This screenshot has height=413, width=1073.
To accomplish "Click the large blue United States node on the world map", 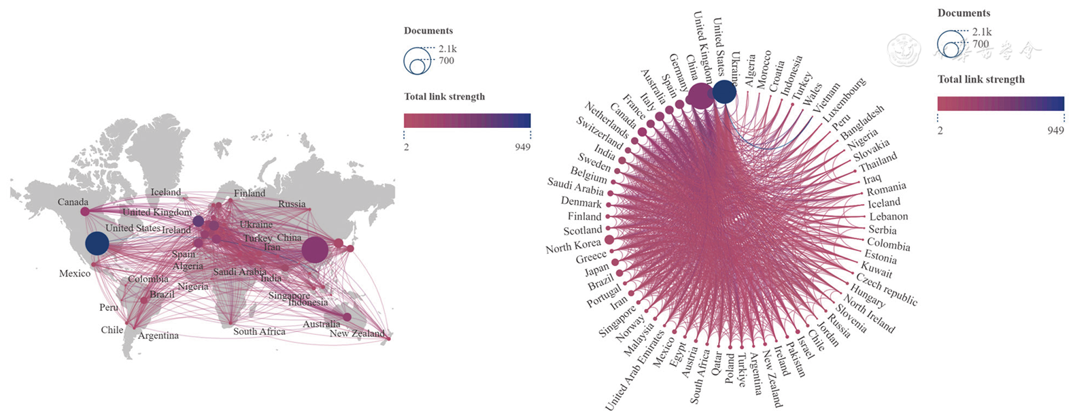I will pyautogui.click(x=97, y=244).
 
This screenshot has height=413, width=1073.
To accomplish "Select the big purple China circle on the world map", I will pyautogui.click(x=314, y=250).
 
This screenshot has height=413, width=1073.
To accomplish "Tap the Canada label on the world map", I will pyautogui.click(x=73, y=202).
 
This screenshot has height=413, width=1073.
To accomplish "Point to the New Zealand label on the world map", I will pyautogui.click(x=357, y=333).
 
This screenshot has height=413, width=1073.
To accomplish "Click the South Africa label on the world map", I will pyautogui.click(x=259, y=331).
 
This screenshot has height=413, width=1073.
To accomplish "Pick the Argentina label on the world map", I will pyautogui.click(x=158, y=335).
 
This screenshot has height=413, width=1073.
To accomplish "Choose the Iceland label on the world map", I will pyautogui.click(x=166, y=192).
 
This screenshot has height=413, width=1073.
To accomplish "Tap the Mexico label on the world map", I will pyautogui.click(x=75, y=274).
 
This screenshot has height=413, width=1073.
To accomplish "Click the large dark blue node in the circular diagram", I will pyautogui.click(x=724, y=93).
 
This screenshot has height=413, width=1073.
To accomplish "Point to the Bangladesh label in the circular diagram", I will pyautogui.click(x=862, y=122).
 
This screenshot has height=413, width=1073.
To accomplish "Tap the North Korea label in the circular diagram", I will pyautogui.click(x=573, y=246).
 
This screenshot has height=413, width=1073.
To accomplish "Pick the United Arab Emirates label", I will pyautogui.click(x=634, y=371).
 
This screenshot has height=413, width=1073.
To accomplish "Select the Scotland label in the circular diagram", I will pyautogui.click(x=583, y=231).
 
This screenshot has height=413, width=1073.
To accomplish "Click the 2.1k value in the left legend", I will pyautogui.click(x=447, y=49).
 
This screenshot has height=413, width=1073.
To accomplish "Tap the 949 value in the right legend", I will pyautogui.click(x=1055, y=130).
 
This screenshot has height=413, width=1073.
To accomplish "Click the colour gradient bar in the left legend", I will pyautogui.click(x=467, y=120).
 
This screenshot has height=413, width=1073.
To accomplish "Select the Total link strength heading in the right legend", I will pyautogui.click(x=981, y=80).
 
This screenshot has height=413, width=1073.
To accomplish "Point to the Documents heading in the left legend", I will pyautogui.click(x=428, y=31).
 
